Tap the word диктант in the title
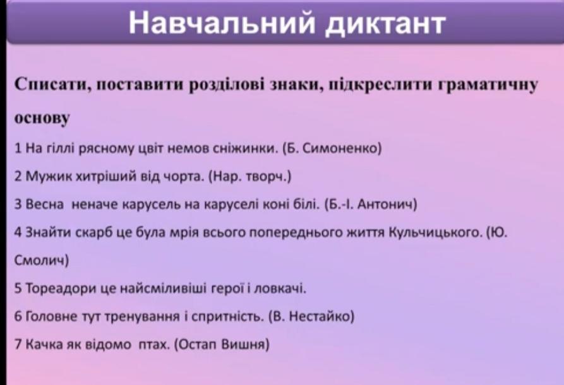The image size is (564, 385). click(385, 25)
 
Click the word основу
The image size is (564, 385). click(42, 118)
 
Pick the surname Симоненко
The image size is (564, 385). click(341, 148)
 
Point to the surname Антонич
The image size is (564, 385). click(387, 204)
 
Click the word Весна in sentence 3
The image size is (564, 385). click(45, 204)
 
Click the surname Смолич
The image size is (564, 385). click(40, 260)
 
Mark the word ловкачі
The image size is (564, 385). click(280, 288)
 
